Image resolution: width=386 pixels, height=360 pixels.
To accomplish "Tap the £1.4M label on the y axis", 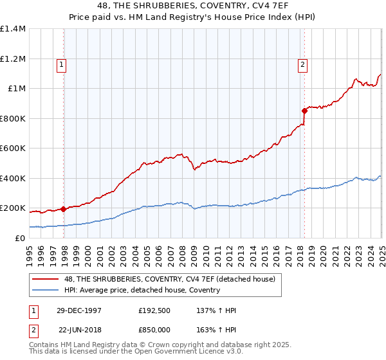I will (13, 29).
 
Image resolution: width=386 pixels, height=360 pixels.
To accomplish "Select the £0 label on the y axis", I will (21, 239).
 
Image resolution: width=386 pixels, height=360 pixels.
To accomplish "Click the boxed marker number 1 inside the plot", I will (61, 64).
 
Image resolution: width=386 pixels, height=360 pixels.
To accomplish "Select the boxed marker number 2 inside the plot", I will (302, 64).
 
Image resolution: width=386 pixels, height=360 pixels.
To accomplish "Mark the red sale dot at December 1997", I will (64, 209).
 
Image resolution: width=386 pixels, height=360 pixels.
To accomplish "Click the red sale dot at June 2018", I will (304, 111).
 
